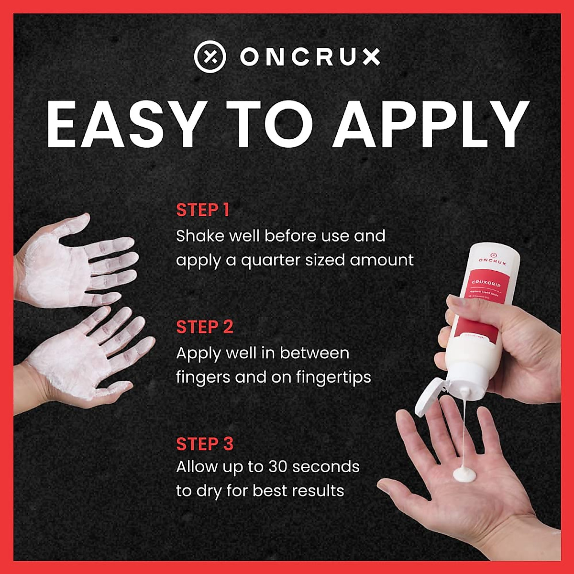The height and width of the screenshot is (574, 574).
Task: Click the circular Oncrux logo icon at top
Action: pyautogui.click(x=210, y=57)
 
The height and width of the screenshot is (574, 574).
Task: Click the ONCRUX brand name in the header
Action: pyautogui.click(x=310, y=57)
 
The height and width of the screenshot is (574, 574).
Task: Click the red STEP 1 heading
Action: pyautogui.click(x=203, y=210)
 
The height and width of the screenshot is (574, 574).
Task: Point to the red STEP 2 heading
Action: pyautogui.click(x=205, y=327)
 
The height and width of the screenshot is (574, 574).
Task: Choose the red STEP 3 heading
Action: pyautogui.click(x=205, y=444)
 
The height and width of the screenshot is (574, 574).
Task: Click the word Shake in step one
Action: pyautogui.click(x=197, y=236)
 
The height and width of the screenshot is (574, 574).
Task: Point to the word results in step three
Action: pyautogui.click(x=319, y=491)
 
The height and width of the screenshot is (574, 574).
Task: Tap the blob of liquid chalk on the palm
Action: pyautogui.click(x=464, y=474)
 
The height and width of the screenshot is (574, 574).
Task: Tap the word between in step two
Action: pyautogui.click(x=314, y=353)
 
